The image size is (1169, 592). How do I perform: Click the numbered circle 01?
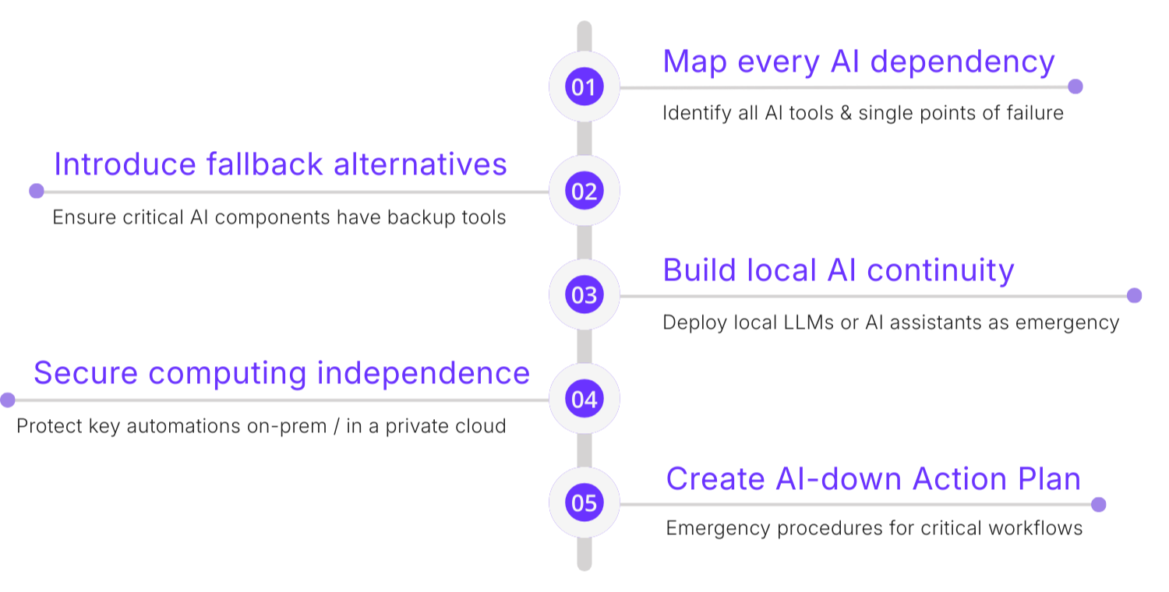point(584,86)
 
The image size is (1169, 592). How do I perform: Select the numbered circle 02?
point(584,191)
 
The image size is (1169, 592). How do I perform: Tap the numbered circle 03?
point(584,295)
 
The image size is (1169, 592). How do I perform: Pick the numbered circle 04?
point(584,400)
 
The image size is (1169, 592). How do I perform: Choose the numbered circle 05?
point(584,503)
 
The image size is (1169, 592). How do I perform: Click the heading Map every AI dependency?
point(859,62)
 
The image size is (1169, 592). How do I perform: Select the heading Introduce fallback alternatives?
point(281,165)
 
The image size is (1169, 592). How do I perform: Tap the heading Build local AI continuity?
point(839,270)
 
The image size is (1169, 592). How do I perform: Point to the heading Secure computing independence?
point(281,373)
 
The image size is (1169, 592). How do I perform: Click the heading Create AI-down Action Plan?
point(873,478)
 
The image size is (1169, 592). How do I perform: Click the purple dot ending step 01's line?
point(1075,86)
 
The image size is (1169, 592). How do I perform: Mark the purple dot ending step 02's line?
point(37,191)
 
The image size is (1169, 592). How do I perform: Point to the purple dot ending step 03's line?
point(1135,295)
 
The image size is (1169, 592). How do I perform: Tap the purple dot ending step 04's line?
point(8,400)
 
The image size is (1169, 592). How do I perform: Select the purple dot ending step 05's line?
point(1099,504)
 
